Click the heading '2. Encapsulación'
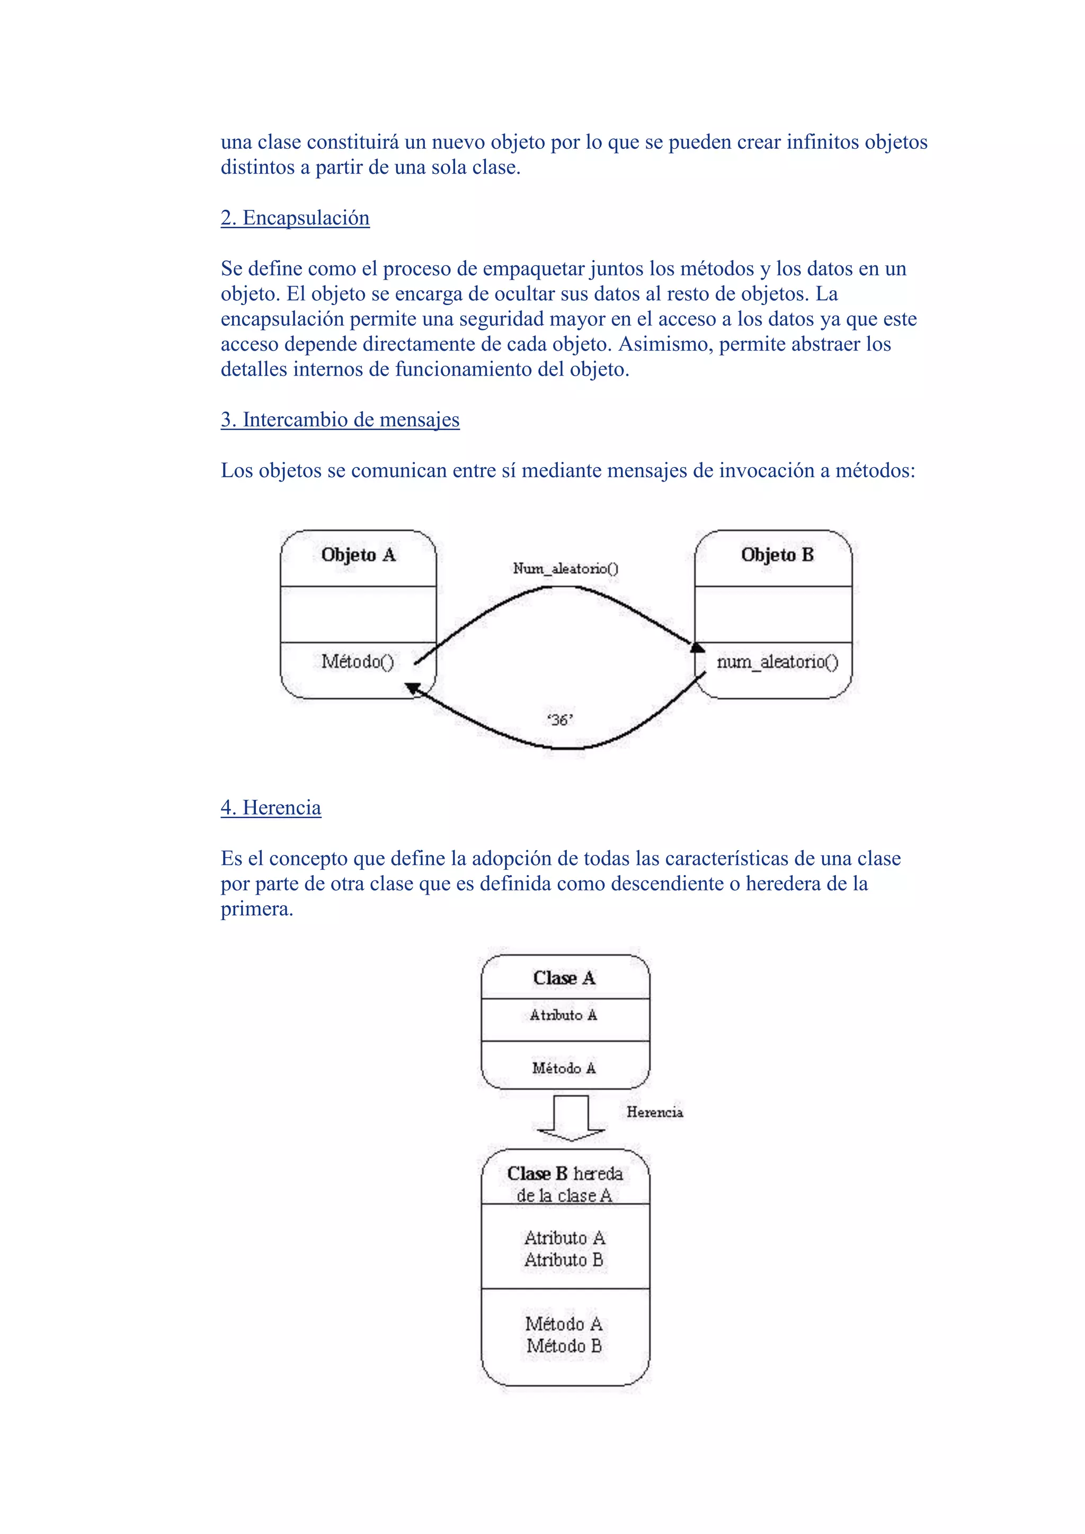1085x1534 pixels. (x=295, y=218)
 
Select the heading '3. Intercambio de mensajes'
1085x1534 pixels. (x=340, y=420)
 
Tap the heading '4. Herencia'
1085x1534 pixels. (x=271, y=808)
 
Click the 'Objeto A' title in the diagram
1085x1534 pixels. (x=358, y=555)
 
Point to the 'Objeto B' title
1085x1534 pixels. (x=777, y=555)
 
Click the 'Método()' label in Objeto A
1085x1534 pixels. (x=358, y=662)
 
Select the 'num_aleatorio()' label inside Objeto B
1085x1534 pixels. (x=777, y=662)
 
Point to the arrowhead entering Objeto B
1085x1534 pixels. (x=697, y=647)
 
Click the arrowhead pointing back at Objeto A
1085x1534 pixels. (x=412, y=688)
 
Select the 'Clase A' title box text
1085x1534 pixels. (x=564, y=978)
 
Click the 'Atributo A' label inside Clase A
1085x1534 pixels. (x=563, y=1015)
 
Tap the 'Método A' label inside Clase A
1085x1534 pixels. (x=564, y=1068)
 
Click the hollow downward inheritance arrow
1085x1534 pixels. (x=571, y=1118)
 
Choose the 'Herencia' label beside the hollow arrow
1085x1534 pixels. (x=655, y=1112)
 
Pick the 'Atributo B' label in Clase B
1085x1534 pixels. (x=564, y=1260)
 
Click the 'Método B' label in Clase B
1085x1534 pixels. (x=564, y=1346)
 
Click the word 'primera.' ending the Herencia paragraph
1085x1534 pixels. (x=257, y=909)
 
